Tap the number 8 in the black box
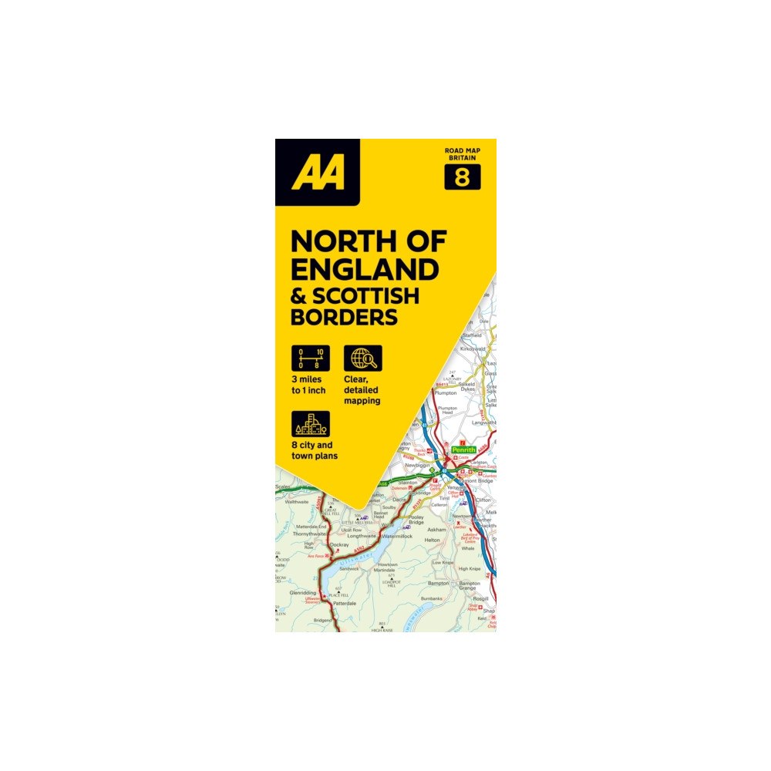click(462, 177)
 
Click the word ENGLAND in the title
click(365, 269)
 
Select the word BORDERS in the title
click(344, 316)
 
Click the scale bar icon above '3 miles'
click(310, 359)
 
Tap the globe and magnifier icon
click(362, 359)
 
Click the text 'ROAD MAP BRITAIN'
click(462, 152)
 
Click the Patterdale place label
click(343, 603)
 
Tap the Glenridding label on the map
click(303, 593)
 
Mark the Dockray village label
click(339, 545)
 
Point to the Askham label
click(436, 530)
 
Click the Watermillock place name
click(398, 535)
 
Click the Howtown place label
click(388, 564)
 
